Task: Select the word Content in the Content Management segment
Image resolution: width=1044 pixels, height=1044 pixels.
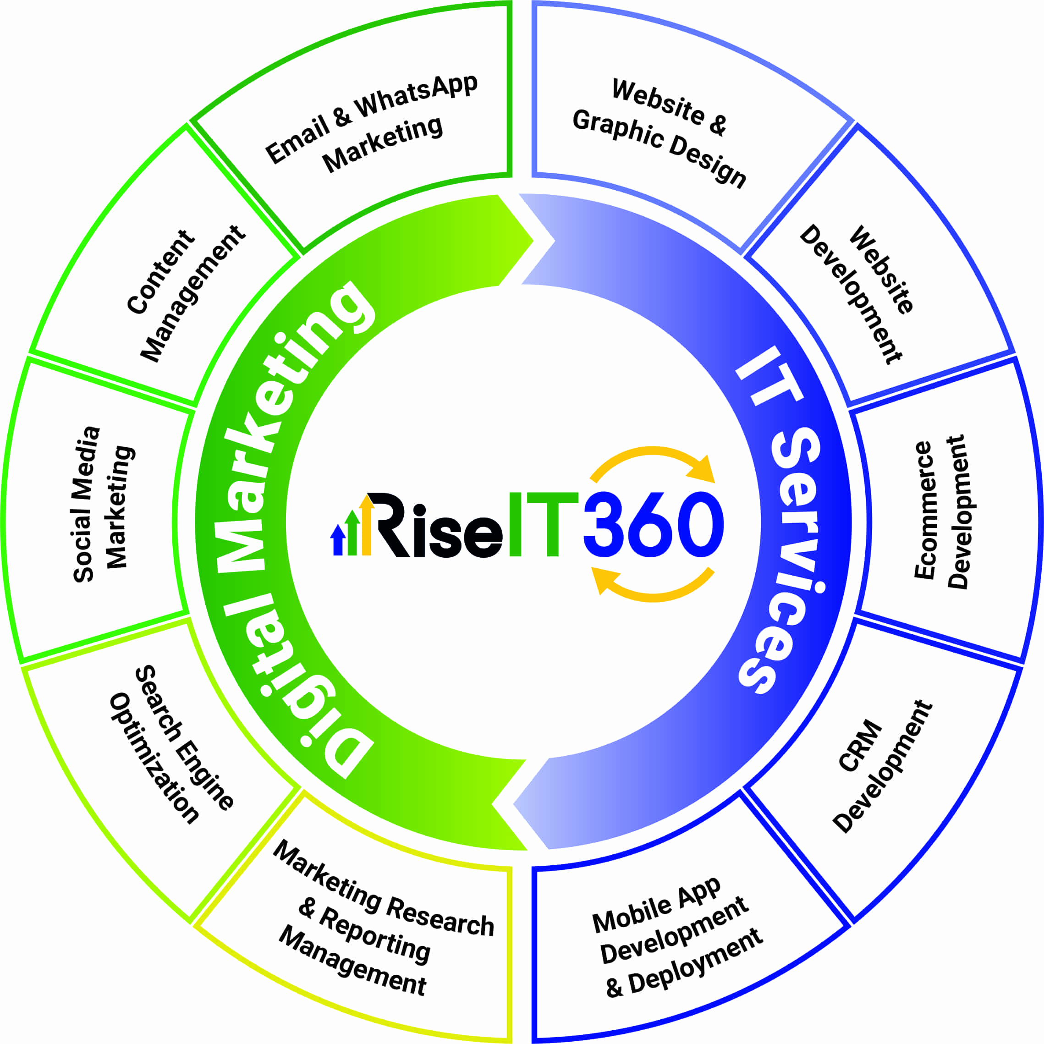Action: tap(160, 272)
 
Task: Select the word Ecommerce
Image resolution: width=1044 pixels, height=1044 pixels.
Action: tap(923, 510)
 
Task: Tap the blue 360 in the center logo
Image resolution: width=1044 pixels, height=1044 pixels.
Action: tap(654, 524)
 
